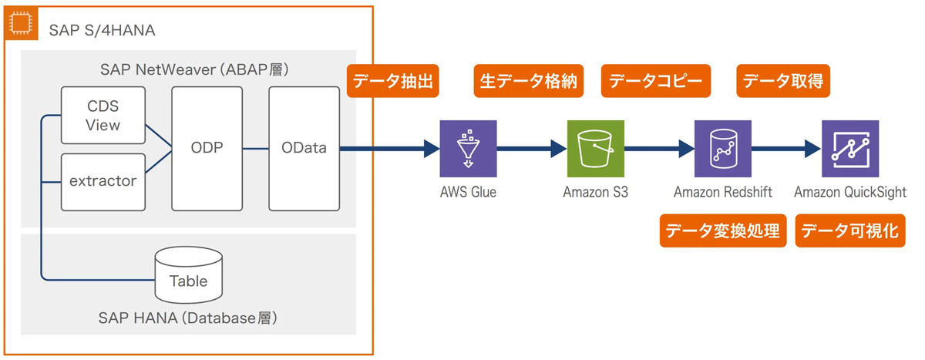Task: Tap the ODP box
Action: point(207,149)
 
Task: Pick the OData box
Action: point(304,149)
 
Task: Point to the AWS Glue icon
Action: point(468,149)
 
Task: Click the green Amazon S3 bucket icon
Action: point(595,149)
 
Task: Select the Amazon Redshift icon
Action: point(722,149)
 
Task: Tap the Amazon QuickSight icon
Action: point(849,149)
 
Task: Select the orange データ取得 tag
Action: point(784,81)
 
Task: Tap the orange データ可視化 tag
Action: point(850,230)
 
